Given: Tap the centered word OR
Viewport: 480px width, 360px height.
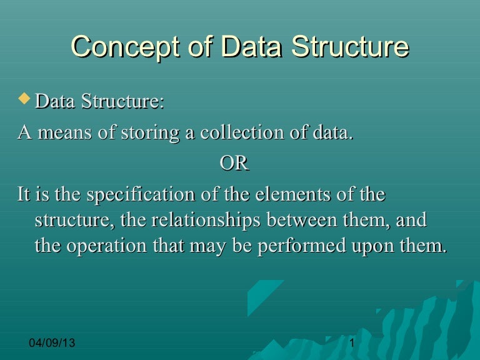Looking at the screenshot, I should (x=234, y=164).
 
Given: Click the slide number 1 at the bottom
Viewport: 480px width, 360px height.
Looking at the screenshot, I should (x=352, y=344).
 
